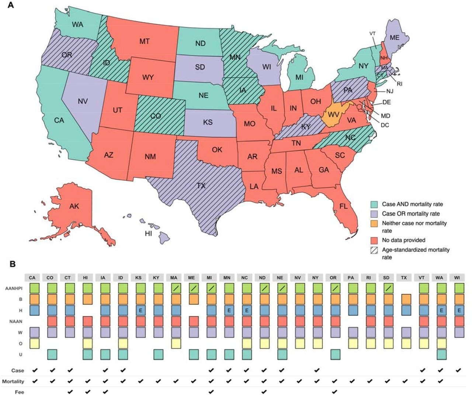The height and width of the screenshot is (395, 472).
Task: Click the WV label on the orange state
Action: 333,115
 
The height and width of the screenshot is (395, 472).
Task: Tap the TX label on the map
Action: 201,186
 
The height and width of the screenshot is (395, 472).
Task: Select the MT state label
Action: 144,41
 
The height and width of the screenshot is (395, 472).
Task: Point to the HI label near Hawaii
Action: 148,233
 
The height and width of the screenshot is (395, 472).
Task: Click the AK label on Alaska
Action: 74,206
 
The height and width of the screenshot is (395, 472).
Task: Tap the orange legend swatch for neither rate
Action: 374,223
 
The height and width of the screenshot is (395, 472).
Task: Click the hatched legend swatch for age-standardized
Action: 374,250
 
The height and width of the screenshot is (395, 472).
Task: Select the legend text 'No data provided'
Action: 403,240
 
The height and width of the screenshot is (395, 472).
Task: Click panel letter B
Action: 12,264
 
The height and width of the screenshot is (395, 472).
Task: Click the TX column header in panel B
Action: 404,278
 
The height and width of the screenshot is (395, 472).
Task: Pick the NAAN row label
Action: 16,322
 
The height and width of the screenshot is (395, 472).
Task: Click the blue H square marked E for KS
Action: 140,310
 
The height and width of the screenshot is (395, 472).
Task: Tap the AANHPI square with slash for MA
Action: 176,288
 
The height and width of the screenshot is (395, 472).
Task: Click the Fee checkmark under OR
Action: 334,392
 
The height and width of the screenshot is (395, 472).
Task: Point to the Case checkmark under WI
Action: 458,370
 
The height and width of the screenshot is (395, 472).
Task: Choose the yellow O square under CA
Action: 34,344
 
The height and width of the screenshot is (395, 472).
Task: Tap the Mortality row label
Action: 13,381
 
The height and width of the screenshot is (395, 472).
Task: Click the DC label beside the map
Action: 385,125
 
